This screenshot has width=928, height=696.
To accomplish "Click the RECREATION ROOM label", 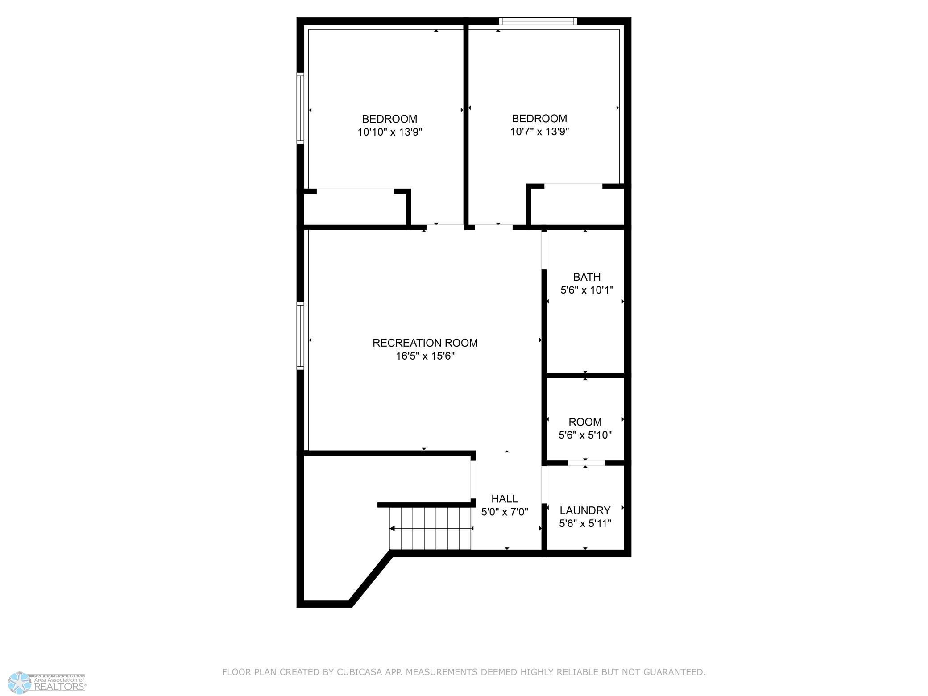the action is [x=425, y=343].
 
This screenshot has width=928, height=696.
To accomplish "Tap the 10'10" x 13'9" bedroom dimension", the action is [x=390, y=132].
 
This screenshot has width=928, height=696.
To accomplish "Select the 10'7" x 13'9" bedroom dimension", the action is [x=539, y=132].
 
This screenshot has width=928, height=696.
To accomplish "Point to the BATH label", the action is [x=587, y=277].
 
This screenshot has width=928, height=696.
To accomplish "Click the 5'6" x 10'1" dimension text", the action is [x=587, y=290].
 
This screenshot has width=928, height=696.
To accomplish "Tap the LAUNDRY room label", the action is [x=585, y=510].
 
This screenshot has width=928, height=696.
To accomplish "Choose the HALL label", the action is [x=505, y=499].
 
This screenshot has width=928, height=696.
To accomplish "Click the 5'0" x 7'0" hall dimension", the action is [x=505, y=512].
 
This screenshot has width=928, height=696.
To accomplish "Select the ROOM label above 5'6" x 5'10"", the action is [x=585, y=422].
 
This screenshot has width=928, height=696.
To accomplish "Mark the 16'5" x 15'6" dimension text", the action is [x=425, y=356].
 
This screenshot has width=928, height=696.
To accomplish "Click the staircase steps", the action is [x=430, y=528].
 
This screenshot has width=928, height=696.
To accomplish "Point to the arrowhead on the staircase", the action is [x=392, y=529].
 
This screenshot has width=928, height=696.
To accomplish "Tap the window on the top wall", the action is [x=538, y=21].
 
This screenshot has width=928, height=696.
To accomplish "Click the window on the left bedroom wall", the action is [x=300, y=108].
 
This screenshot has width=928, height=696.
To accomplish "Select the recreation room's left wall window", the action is [x=300, y=336].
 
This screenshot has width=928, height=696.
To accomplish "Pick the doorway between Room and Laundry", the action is [x=586, y=463].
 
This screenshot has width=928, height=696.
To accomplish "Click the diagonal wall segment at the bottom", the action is [x=371, y=578].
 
